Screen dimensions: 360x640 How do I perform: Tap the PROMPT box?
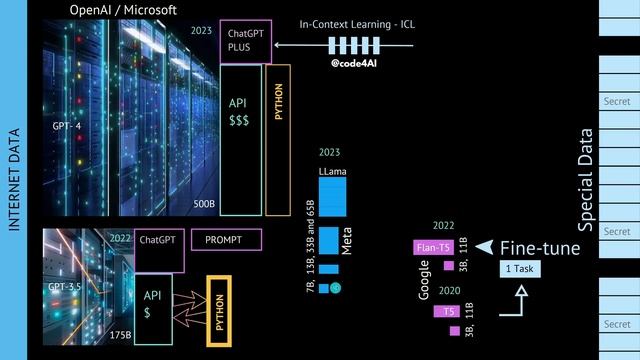(x=226, y=240)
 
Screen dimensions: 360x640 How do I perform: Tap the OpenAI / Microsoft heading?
(x=123, y=9)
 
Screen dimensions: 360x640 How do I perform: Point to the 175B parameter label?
(x=119, y=335)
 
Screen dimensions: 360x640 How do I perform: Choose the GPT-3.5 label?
(x=65, y=287)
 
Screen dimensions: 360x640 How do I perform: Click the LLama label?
(x=333, y=172)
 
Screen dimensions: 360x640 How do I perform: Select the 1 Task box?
(x=520, y=269)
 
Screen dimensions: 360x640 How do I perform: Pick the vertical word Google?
(x=424, y=280)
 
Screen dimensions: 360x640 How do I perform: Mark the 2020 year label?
(x=449, y=290)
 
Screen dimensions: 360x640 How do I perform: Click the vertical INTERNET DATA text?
(x=14, y=180)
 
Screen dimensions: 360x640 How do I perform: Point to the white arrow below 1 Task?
(x=514, y=303)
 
